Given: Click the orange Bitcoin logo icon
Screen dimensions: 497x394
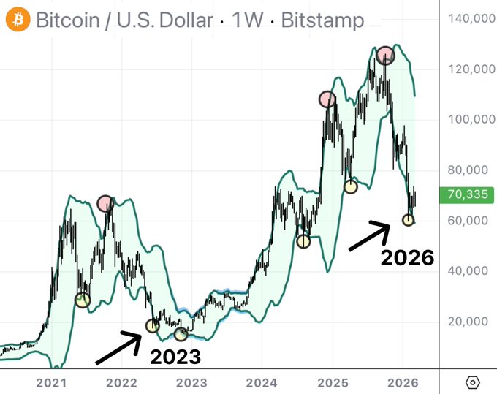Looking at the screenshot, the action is pyautogui.click(x=18, y=19).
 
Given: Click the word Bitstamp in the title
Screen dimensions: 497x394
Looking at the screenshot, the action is pyautogui.click(x=322, y=20).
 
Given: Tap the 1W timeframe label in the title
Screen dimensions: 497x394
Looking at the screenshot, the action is pyautogui.click(x=247, y=20).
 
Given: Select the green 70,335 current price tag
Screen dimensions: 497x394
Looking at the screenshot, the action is pyautogui.click(x=466, y=194).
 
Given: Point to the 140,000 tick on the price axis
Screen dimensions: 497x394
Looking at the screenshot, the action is pyautogui.click(x=471, y=19).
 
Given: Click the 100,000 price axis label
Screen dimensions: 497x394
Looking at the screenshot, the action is pyautogui.click(x=471, y=119).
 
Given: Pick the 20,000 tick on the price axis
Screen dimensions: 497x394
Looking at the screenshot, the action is pyautogui.click(x=468, y=322).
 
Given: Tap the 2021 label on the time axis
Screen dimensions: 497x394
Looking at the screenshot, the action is pyautogui.click(x=51, y=383).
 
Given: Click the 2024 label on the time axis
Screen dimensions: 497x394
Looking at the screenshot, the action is pyautogui.click(x=262, y=383).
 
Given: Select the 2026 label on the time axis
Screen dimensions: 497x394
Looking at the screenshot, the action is pyautogui.click(x=403, y=383).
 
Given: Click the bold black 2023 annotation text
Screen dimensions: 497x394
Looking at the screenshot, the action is pyautogui.click(x=175, y=357).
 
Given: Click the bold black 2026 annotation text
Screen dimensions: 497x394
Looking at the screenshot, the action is pyautogui.click(x=407, y=257).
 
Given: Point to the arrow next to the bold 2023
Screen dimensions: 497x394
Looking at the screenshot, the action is pyautogui.click(x=118, y=348).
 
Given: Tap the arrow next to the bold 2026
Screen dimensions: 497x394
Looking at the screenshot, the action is pyautogui.click(x=369, y=236).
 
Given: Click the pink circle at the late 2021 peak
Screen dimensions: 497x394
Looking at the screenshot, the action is pyautogui.click(x=105, y=203).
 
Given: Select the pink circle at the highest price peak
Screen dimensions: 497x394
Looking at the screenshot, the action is pyautogui.click(x=385, y=55).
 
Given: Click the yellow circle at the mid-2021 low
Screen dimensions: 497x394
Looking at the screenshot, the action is pyautogui.click(x=83, y=300).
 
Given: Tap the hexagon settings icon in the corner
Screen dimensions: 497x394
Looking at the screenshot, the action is pyautogui.click(x=472, y=382).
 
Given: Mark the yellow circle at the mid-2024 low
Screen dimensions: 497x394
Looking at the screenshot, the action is pyautogui.click(x=303, y=241).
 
